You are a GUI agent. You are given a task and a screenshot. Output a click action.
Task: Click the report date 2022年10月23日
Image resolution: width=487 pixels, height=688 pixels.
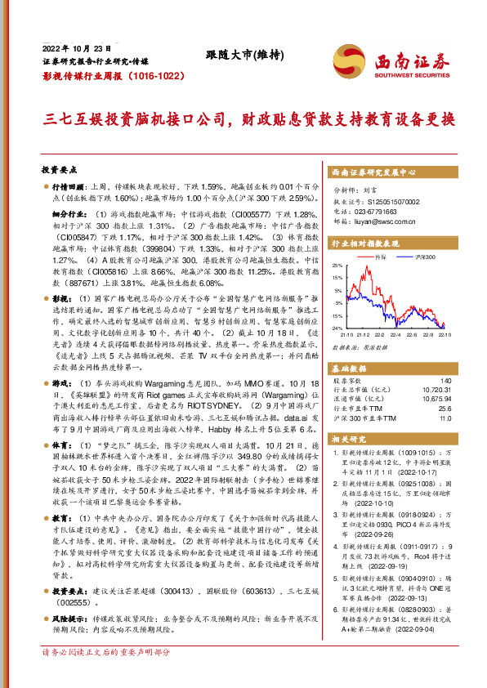75,47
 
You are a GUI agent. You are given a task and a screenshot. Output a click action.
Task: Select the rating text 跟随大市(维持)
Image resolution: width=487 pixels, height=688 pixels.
243,56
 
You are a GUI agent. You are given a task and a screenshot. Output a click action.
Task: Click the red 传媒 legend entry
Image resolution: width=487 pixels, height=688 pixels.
377,257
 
